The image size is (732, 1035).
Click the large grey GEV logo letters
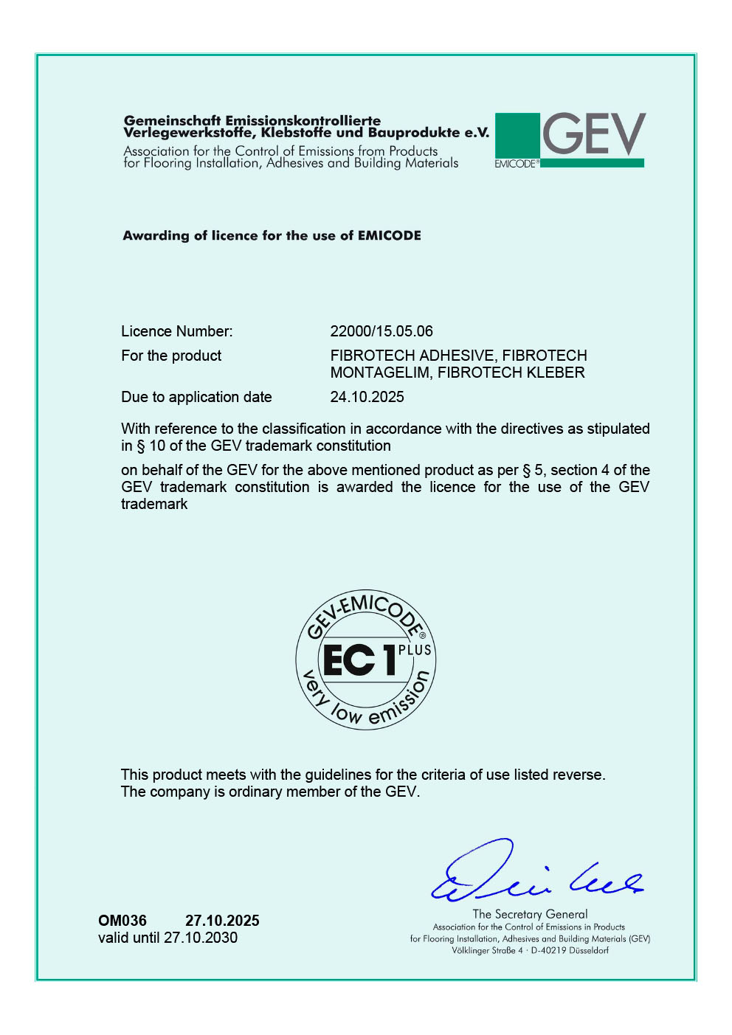click(x=594, y=134)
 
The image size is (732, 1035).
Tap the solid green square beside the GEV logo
click(x=517, y=135)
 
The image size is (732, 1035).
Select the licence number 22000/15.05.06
click(x=381, y=331)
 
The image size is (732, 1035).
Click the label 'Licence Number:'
click(x=177, y=331)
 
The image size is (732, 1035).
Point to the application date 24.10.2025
click(x=367, y=397)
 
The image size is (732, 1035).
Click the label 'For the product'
click(x=171, y=356)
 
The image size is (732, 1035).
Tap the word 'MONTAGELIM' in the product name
click(x=380, y=373)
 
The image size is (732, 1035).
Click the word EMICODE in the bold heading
click(x=389, y=235)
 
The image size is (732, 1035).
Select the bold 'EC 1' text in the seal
click(x=359, y=660)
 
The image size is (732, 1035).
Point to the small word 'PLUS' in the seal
click(x=415, y=650)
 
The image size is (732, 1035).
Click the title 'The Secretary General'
click(x=530, y=914)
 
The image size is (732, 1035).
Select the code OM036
click(x=122, y=921)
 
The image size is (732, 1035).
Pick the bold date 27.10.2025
click(x=222, y=921)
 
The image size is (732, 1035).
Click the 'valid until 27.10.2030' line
click(x=168, y=938)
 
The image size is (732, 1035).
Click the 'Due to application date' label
click(x=196, y=397)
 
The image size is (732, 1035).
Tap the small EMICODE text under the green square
click(x=517, y=164)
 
